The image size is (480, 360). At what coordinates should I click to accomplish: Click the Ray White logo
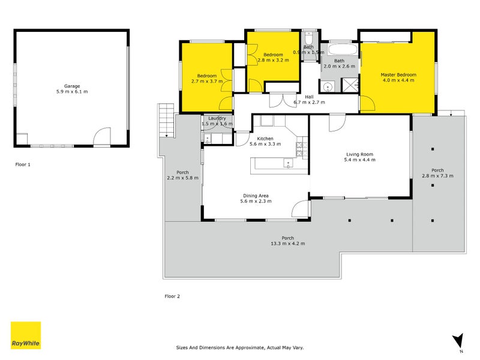pos(26,335)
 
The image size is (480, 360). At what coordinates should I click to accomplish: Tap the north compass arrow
pos(458,341)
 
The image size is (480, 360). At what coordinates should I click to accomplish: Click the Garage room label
pos(72,86)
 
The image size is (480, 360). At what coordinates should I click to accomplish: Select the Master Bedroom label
pos(398,74)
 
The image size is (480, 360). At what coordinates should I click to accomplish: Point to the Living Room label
pos(359,154)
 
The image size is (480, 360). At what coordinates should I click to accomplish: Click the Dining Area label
pos(256,196)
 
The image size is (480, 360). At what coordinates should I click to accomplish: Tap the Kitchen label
pos(265,139)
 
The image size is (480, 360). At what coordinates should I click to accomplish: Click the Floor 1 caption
pos(23,164)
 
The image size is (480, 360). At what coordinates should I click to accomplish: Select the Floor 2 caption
pos(172,296)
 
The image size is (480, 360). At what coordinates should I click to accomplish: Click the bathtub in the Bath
pos(343,49)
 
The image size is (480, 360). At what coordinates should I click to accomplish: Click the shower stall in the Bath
pos(350,85)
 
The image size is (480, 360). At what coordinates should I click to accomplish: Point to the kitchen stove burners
pos(302,149)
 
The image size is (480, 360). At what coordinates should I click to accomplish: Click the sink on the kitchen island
pos(288,163)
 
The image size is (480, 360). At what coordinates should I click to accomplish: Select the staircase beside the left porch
pos(167,121)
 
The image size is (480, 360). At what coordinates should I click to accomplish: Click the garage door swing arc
pos(102,136)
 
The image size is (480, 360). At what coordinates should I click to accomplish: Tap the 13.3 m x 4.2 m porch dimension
pos(288,244)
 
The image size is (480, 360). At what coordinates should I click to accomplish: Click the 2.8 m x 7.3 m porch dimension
pos(437,176)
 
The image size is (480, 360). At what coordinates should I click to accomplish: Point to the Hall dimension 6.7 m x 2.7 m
pos(309,102)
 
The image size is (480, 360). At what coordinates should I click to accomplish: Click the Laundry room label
pos(217,118)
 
